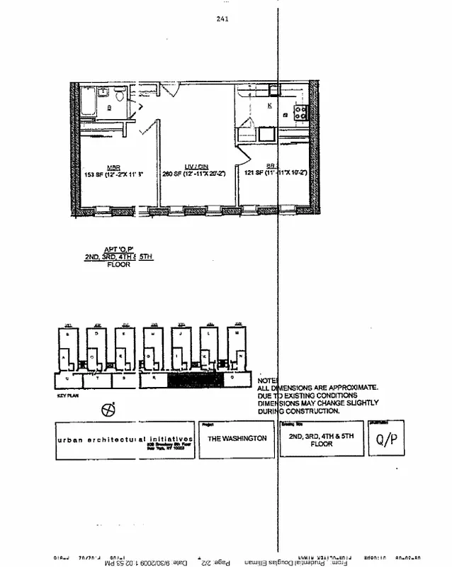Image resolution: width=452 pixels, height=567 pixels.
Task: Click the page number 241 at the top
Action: pos(222,19)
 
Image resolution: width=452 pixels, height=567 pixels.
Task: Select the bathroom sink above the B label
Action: pos(103,92)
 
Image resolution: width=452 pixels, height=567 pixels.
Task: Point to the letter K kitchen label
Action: pos(269,105)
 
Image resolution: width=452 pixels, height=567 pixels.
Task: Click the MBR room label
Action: pos(113,167)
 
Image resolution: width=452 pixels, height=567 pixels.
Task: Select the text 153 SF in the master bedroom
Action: pos(94,174)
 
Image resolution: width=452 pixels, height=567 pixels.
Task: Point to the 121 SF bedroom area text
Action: pos(254,174)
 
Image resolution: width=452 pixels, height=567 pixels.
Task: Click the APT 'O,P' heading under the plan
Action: pos(118,249)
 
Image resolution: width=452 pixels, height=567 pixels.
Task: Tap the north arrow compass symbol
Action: pos(108,410)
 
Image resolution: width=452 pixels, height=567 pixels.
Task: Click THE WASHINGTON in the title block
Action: pos(237,439)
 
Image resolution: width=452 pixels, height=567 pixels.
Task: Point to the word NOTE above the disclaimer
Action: pos(267,381)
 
